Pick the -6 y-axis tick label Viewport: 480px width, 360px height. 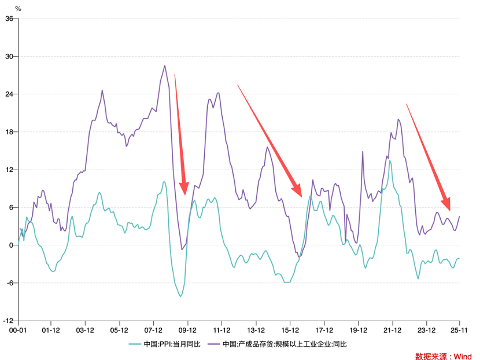click(9, 283)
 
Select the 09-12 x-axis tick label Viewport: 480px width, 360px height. click(188, 330)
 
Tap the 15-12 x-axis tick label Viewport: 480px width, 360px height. click(290, 330)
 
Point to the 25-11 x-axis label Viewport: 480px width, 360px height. click(459, 330)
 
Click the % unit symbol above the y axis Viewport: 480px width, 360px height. click(18, 9)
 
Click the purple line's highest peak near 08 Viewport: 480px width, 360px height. click(165, 66)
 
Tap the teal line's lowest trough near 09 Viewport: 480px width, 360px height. click(180, 296)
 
